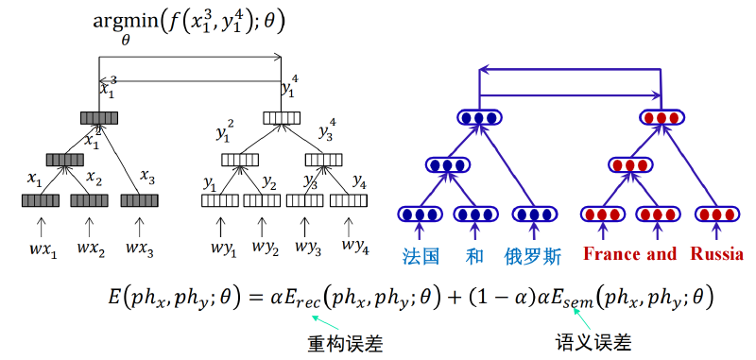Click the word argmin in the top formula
tap(126, 23)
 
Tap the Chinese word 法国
tap(421, 256)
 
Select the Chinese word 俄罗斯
tap(533, 256)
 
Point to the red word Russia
tap(716, 254)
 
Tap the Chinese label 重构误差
tap(345, 344)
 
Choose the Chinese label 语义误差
tap(593, 342)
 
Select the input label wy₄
tap(355, 247)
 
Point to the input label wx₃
tap(140, 249)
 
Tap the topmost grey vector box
tap(99, 117)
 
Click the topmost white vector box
tap(282, 117)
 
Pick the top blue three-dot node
tap(479, 117)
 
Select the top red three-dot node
tap(661, 117)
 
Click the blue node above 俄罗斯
tap(534, 214)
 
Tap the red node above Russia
tap(715, 214)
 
